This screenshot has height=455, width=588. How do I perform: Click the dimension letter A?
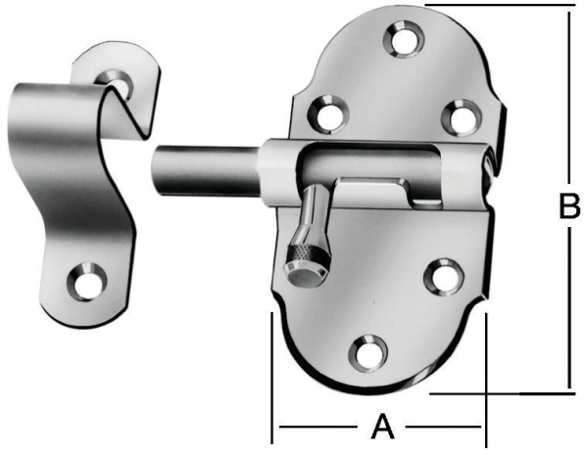(381, 427)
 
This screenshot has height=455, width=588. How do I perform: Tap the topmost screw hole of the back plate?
(402, 40)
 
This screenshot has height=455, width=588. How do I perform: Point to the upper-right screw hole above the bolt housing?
(458, 116)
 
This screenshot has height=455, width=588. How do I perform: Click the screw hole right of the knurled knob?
(442, 275)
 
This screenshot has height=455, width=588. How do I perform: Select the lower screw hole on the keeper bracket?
(87, 282)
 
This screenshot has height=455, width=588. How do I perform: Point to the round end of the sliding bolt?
(160, 171)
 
